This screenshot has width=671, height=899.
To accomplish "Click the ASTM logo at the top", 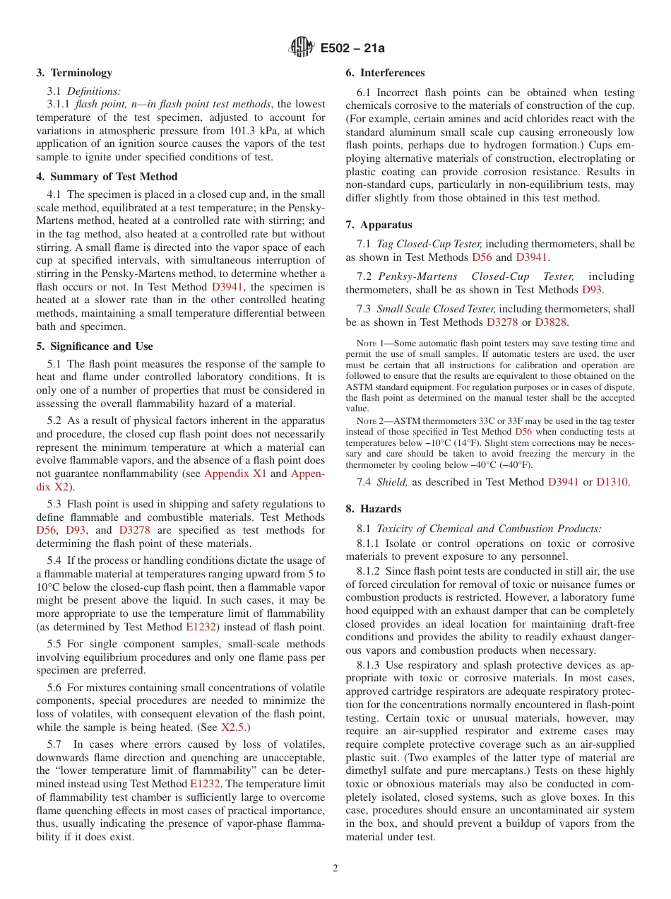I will click(302, 48).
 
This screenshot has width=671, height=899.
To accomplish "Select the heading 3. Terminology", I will click(74, 73).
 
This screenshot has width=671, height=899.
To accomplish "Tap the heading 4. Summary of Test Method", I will click(107, 177).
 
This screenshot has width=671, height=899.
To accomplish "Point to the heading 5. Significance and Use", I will click(95, 346).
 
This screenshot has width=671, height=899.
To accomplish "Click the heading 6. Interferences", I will click(385, 73).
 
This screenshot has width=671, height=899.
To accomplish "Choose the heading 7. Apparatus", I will click(379, 225).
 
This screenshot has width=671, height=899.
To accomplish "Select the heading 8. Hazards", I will click(374, 509).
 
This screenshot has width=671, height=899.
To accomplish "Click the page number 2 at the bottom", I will click(335, 869).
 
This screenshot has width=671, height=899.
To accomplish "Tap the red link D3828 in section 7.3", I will click(551, 322).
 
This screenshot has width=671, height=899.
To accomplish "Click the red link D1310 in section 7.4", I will click(612, 482).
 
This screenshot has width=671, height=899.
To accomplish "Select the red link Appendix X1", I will click(235, 474).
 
